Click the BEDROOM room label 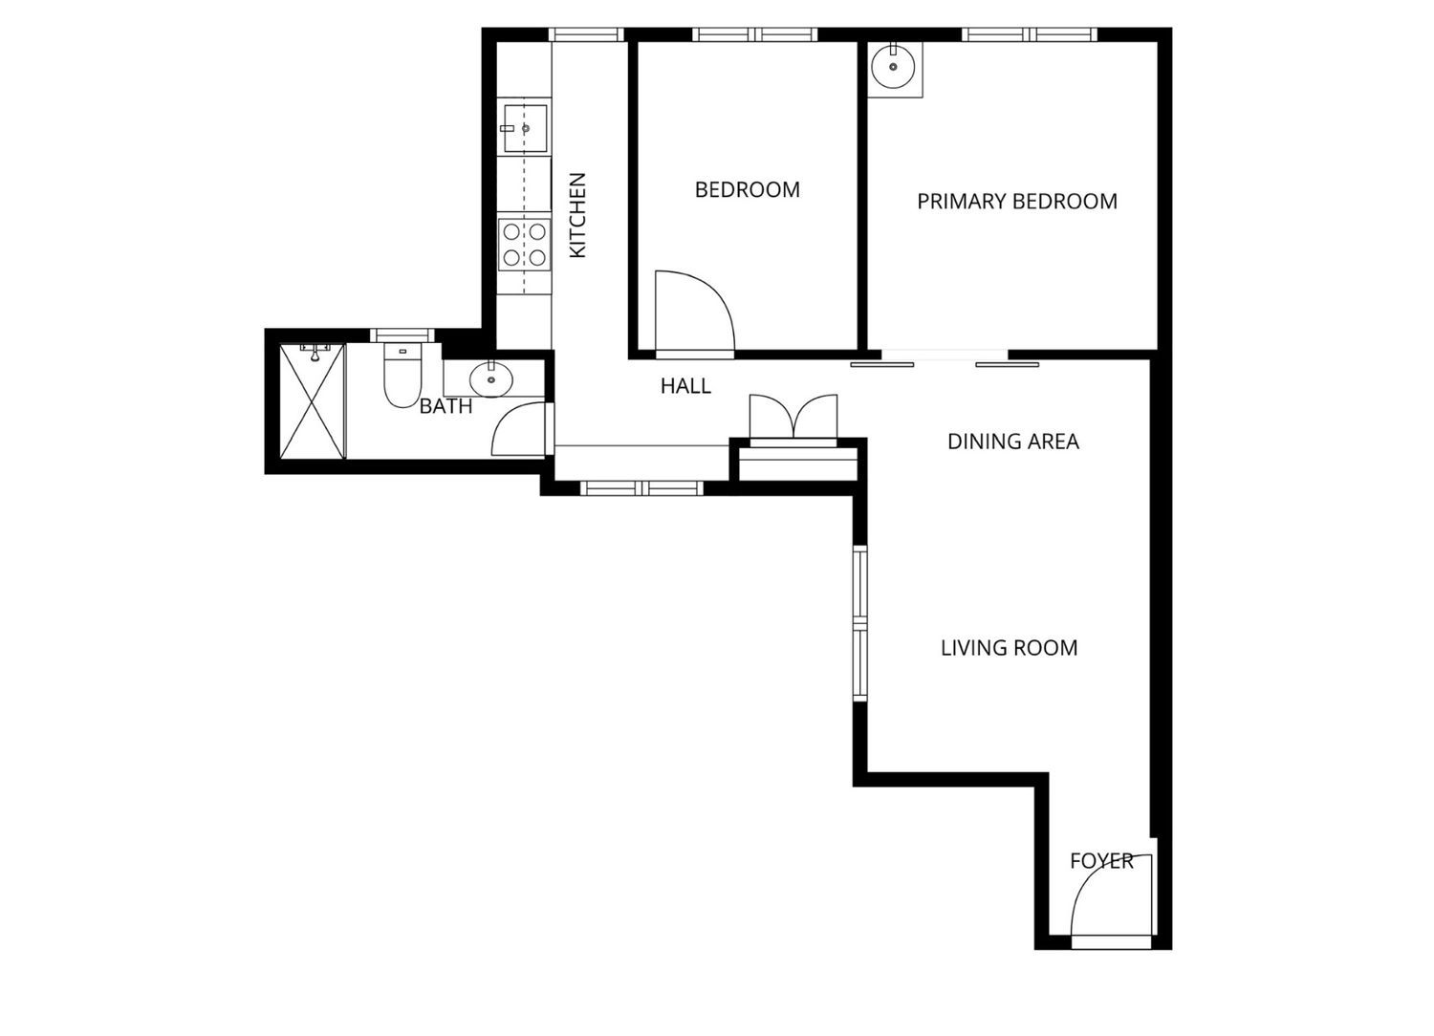click(x=747, y=189)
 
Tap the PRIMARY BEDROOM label click(x=1017, y=202)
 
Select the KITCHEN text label click(x=577, y=215)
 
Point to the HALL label click(x=685, y=386)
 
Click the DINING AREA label click(x=1013, y=442)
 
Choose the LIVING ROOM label click(x=1010, y=648)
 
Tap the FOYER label click(x=1101, y=861)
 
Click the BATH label click(x=446, y=406)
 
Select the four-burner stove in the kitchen click(x=524, y=245)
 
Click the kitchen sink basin click(x=525, y=128)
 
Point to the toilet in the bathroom click(x=402, y=376)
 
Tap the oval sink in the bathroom click(x=491, y=379)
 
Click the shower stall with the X click(x=313, y=401)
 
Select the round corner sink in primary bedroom click(x=893, y=66)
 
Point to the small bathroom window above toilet click(x=402, y=335)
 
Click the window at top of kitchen click(x=586, y=34)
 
